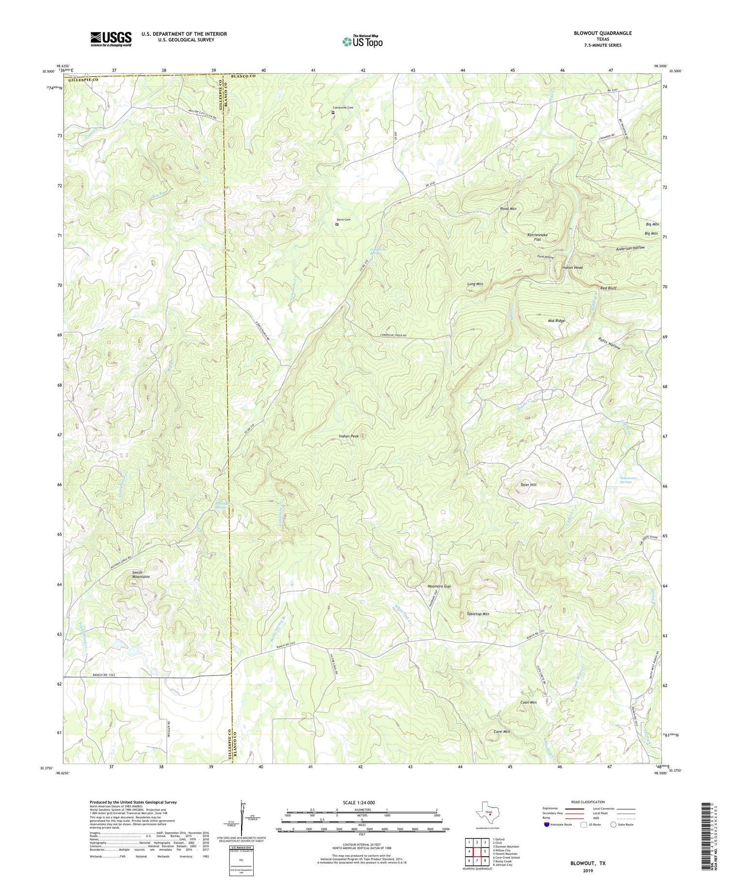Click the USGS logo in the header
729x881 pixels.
111,39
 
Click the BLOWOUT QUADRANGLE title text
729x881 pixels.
603,33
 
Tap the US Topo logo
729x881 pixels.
362,41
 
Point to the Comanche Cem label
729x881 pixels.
343,108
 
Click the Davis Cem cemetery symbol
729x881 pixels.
337,225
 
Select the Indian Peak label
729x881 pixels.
349,436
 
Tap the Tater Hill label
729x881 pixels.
528,485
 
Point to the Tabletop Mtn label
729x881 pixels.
478,614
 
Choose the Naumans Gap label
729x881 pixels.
439,587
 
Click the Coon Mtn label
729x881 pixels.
528,702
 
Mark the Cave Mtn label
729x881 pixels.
502,731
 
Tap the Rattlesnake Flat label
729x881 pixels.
538,237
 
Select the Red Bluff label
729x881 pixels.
608,288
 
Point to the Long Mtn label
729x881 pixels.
475,284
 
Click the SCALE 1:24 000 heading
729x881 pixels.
362,802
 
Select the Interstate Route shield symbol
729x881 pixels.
548,824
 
